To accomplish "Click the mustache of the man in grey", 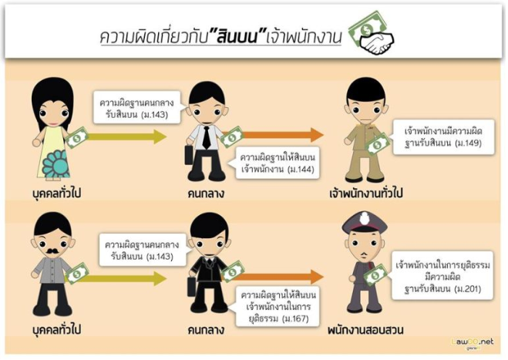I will [x=55, y=250].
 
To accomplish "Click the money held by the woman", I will [x=76, y=137].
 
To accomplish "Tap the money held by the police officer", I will [x=376, y=276].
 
